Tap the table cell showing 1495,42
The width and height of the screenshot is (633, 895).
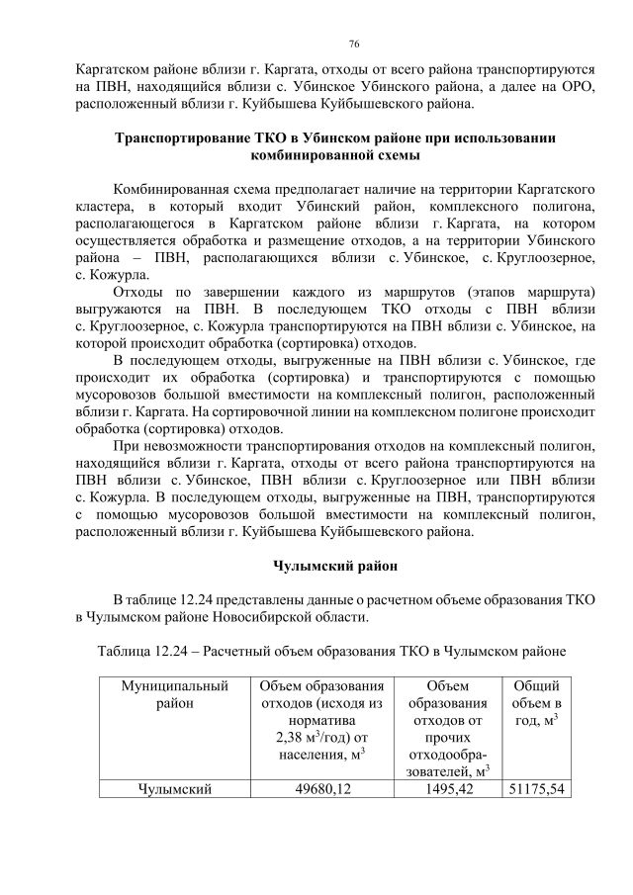(x=443, y=788)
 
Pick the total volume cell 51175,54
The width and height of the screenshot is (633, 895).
(x=536, y=788)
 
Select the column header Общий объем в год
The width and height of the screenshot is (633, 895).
(x=536, y=702)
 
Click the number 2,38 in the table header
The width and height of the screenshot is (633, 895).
(x=293, y=736)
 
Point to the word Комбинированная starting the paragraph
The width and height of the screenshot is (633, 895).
(x=171, y=187)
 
